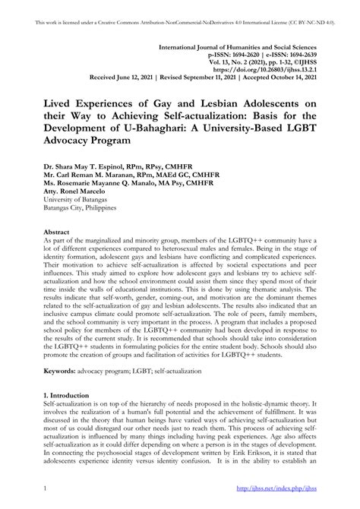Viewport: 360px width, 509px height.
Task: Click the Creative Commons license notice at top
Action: coord(180,8)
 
